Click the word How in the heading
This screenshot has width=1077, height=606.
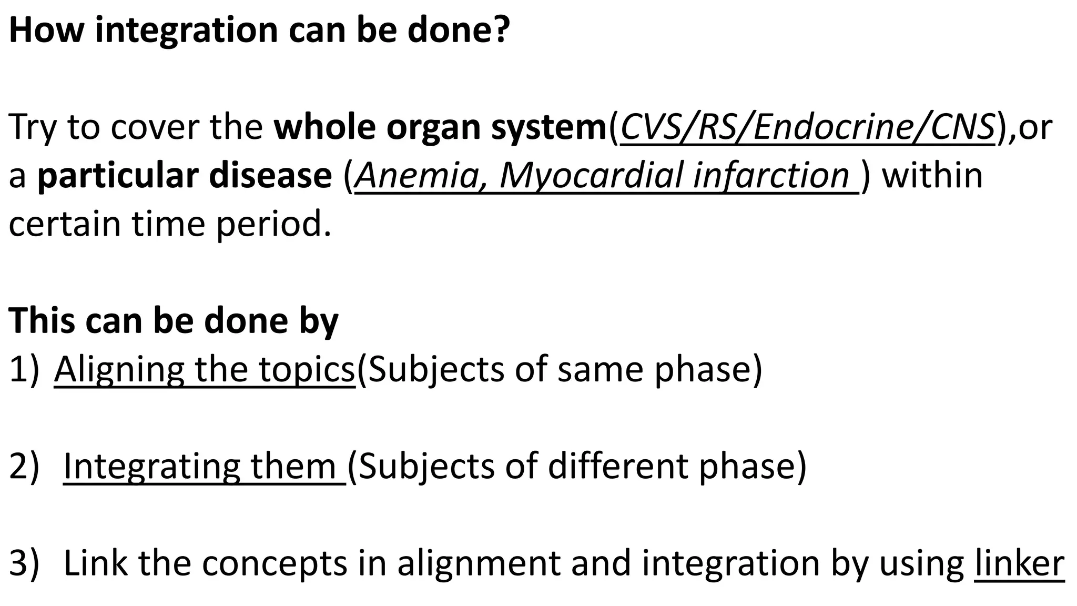point(46,30)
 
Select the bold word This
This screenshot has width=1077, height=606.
point(42,320)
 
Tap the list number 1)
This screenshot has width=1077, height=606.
point(24,370)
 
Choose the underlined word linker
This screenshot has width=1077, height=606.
point(1019,563)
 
